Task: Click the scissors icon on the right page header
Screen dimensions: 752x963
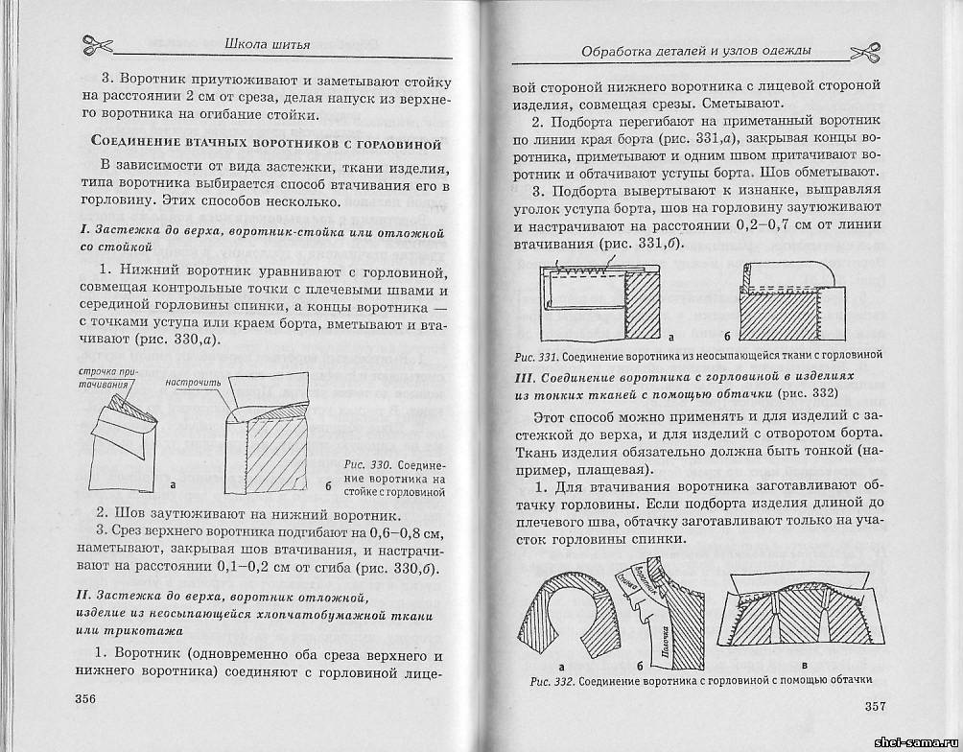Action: coord(863,52)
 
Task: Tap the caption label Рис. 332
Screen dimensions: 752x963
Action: coord(551,681)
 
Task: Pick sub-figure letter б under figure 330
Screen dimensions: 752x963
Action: coord(327,486)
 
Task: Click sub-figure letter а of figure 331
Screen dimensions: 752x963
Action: coord(670,337)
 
